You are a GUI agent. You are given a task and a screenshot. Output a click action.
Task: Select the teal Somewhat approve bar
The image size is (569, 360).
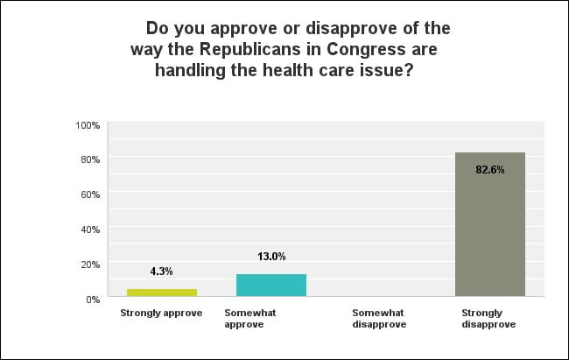[271, 286]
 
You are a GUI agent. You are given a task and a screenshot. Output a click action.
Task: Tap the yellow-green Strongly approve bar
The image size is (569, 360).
[162, 293]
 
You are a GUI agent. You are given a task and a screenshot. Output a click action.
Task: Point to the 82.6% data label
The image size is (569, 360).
[489, 170]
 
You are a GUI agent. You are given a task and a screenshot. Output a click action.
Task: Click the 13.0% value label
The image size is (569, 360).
[271, 257]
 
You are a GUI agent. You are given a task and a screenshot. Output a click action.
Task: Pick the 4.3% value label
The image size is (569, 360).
[162, 272]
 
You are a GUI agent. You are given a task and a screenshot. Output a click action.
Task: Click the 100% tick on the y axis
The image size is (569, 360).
[88, 125]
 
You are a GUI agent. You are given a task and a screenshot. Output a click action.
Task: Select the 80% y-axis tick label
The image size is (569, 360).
[90, 159]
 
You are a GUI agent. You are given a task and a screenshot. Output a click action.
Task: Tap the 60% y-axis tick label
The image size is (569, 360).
[90, 194]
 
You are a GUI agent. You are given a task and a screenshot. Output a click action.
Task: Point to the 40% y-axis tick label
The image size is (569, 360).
[90, 229]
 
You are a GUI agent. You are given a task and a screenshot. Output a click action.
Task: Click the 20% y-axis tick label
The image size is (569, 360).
[90, 264]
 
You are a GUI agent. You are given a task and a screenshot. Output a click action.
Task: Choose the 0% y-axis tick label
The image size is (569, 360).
[93, 299]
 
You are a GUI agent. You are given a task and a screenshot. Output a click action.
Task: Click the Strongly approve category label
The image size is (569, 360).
[162, 312]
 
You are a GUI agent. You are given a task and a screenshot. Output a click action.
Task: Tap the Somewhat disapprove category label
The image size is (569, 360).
[378, 318]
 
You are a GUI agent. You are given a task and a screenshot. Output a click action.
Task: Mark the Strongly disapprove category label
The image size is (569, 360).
[488, 318]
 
